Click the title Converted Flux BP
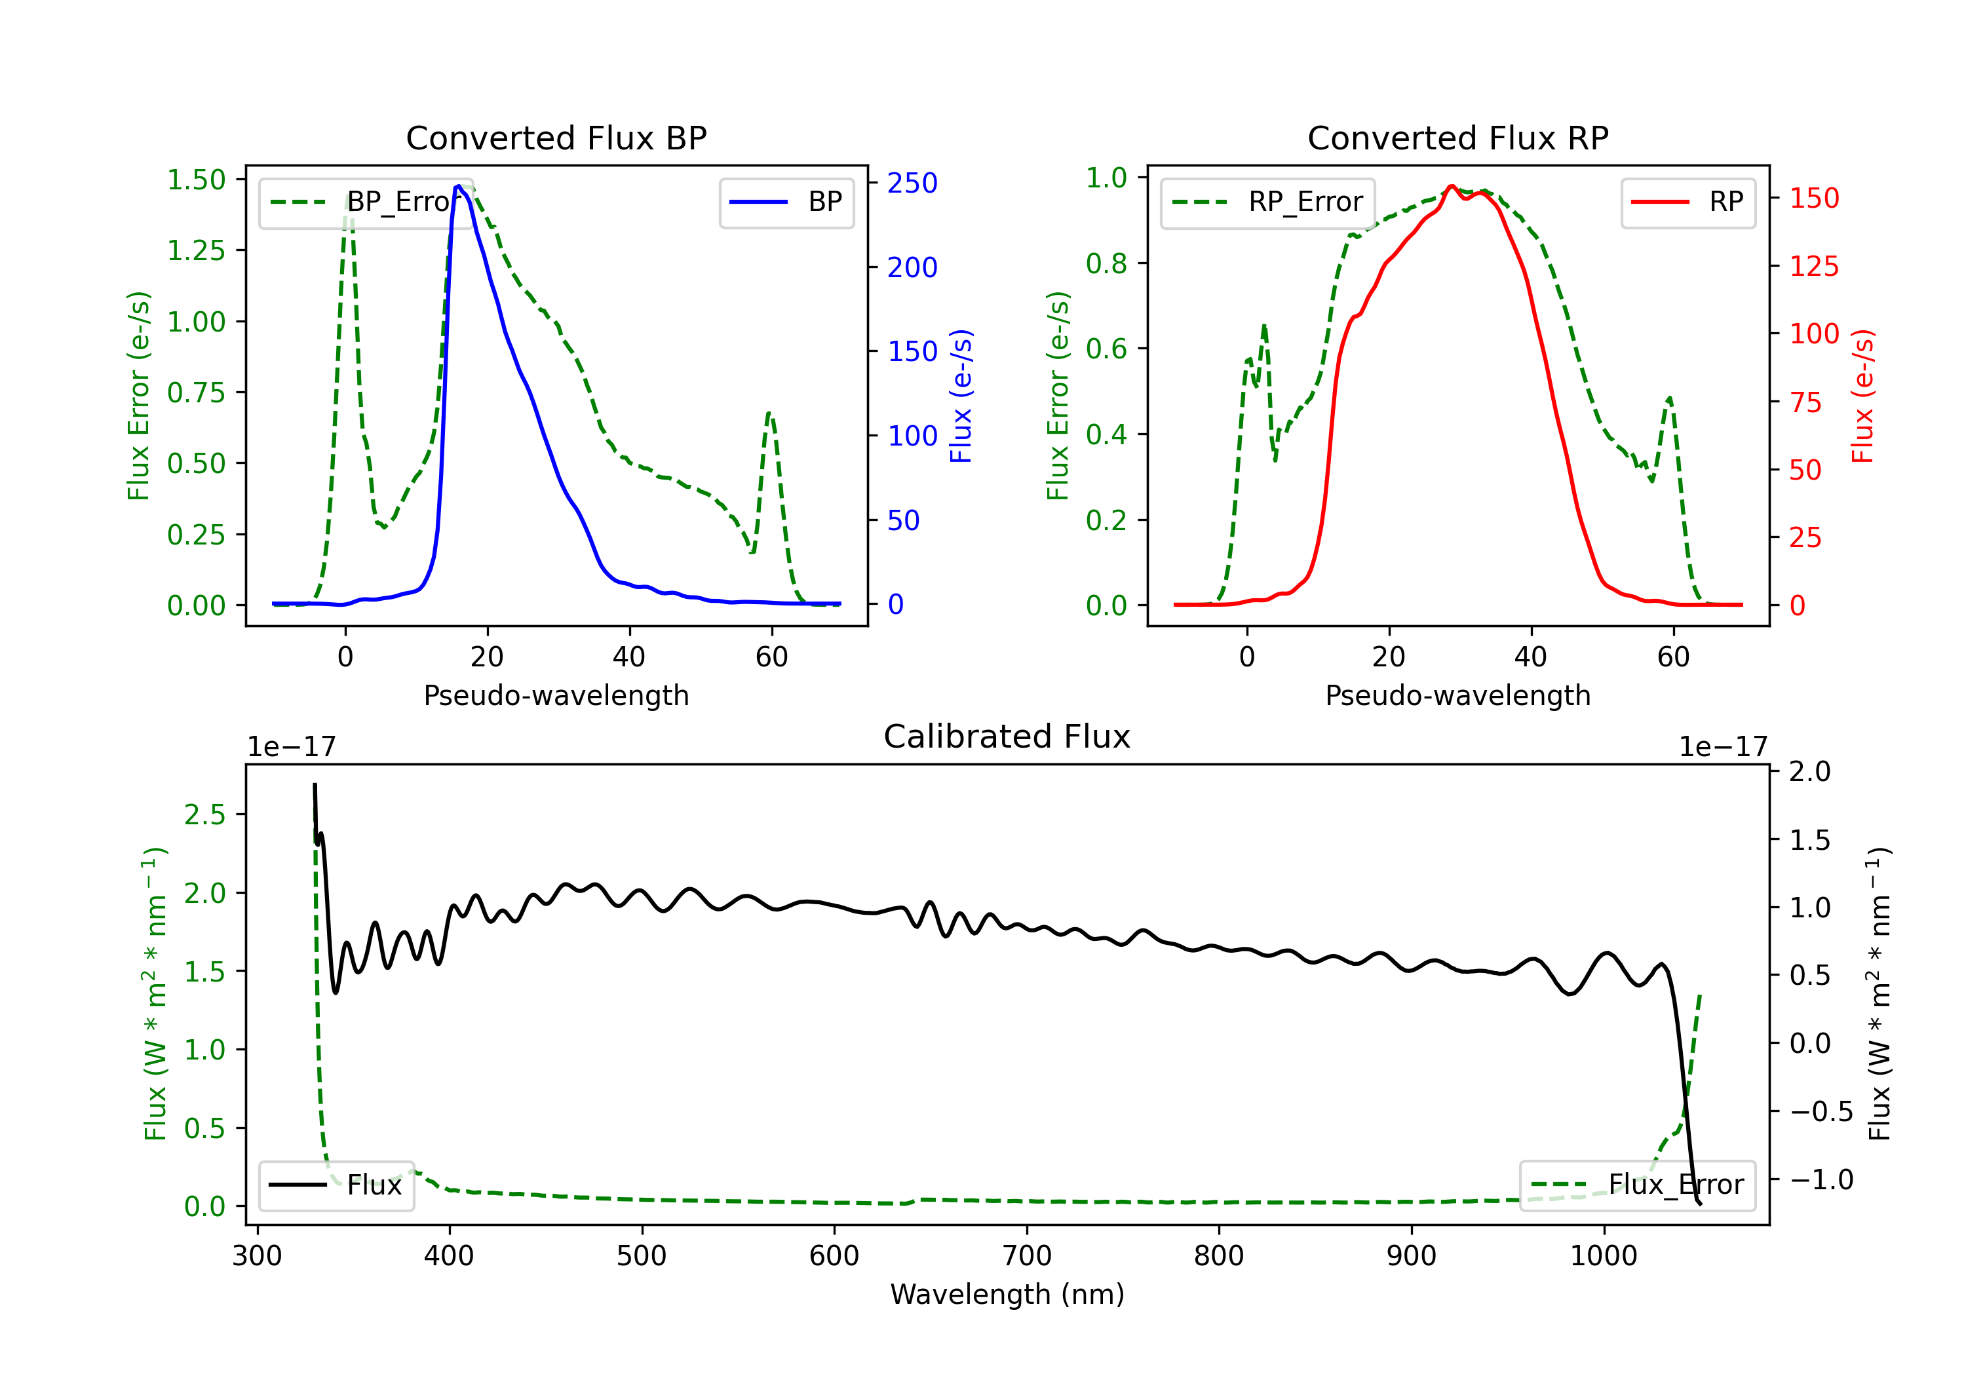pyautogui.click(x=556, y=138)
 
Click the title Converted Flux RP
pyautogui.click(x=1457, y=138)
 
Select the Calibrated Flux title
pyautogui.click(x=1007, y=736)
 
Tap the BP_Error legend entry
pyautogui.click(x=364, y=202)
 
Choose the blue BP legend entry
pyautogui.click(x=786, y=202)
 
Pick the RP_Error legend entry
pyautogui.click(x=1267, y=202)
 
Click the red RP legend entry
pyautogui.click(x=1687, y=202)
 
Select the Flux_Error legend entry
pyautogui.click(x=1637, y=1185)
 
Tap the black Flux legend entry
pyautogui.click(x=336, y=1185)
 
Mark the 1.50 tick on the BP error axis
pyautogui.click(x=196, y=180)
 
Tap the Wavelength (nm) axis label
pyautogui.click(x=1007, y=1295)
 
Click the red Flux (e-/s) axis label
pyautogui.click(x=1862, y=396)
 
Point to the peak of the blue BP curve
pyautogui.click(x=459, y=186)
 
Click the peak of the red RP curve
pyautogui.click(x=1452, y=186)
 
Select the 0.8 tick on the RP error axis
pyautogui.click(x=1106, y=263)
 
